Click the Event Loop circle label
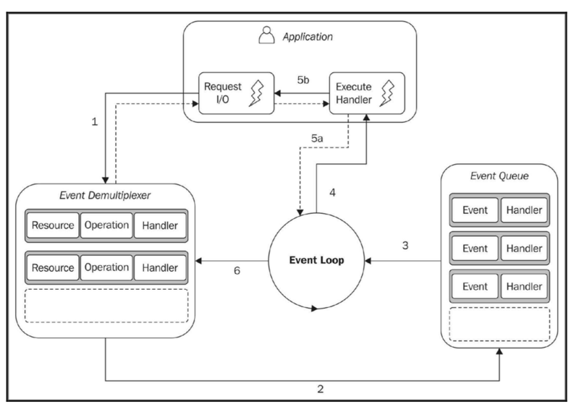click(316, 260)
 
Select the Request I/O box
click(237, 93)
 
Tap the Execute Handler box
click(367, 93)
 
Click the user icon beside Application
click(266, 35)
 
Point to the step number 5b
click(303, 79)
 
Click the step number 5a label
click(317, 138)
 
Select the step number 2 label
click(320, 389)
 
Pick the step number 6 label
click(237, 270)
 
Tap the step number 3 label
click(405, 245)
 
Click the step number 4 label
click(332, 192)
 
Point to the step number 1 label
click(95, 121)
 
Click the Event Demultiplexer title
click(105, 195)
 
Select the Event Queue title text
click(499, 176)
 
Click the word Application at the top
click(308, 37)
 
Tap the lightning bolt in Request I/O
click(257, 94)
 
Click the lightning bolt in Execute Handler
click(387, 94)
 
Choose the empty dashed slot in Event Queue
click(499, 324)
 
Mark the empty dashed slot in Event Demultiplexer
click(106, 306)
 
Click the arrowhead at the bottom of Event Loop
click(314, 309)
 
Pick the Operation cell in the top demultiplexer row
click(106, 225)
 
